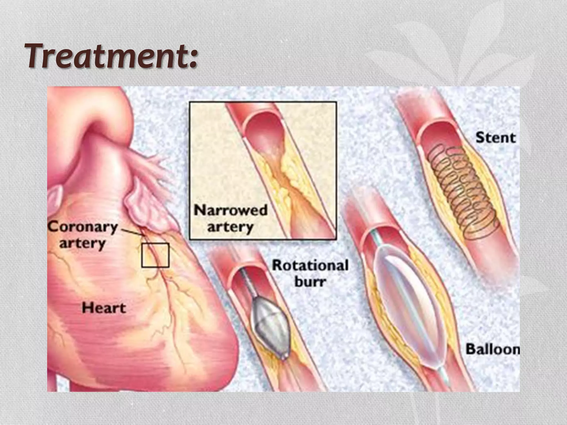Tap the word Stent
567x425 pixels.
pyautogui.click(x=495, y=138)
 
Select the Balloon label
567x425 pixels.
pyautogui.click(x=493, y=349)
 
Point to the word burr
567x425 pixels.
pyautogui.click(x=310, y=282)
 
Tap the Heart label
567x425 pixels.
pyautogui.click(x=104, y=308)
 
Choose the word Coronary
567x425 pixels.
pyautogui.click(x=83, y=227)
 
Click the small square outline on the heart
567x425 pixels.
pyautogui.click(x=155, y=255)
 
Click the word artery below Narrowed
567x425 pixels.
pyautogui.click(x=231, y=227)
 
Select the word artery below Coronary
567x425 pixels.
pyautogui.click(x=83, y=243)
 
